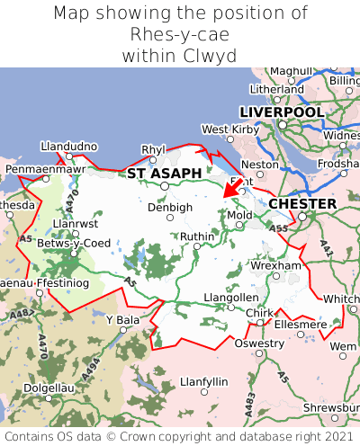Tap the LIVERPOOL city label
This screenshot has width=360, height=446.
click(281, 111)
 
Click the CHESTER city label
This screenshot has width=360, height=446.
click(302, 204)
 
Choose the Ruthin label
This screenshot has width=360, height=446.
click(197, 236)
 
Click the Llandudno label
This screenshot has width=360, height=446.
click(69, 146)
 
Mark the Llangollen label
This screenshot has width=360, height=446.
click(230, 297)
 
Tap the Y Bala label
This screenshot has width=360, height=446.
click(123, 319)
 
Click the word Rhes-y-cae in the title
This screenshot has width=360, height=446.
click(180, 34)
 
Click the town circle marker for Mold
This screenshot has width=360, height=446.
click(239, 227)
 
